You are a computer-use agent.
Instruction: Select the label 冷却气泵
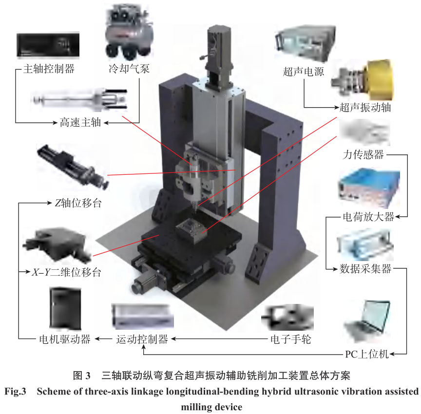(x=129, y=69)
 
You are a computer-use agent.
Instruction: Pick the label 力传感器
(x=364, y=155)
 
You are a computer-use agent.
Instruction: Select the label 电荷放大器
(x=368, y=217)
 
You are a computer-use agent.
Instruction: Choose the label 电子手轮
(x=290, y=339)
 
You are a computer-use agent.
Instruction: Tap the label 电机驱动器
(x=64, y=339)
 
